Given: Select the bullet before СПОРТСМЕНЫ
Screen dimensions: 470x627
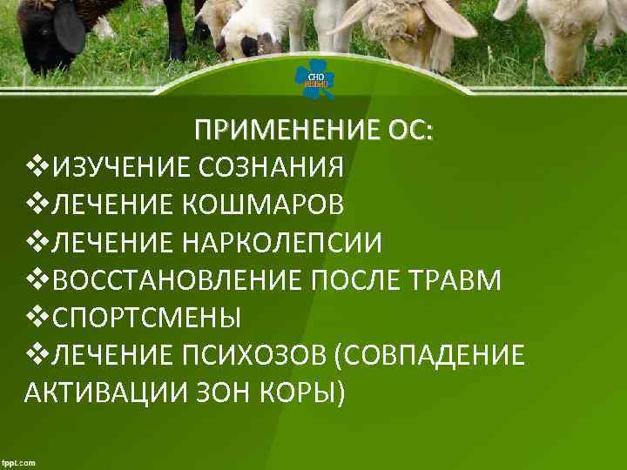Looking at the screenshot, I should [37, 317].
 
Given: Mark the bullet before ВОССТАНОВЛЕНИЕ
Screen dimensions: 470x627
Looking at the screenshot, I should [37, 279].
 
